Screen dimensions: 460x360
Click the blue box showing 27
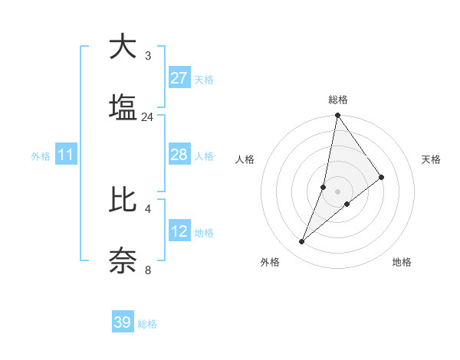(179, 78)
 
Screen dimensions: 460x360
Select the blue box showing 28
(179, 155)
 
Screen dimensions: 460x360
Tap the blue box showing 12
(179, 231)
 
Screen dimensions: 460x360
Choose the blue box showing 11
(66, 155)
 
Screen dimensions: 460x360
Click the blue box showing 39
(123, 322)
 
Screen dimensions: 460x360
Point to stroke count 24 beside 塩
(147, 117)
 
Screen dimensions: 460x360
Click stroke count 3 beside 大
(148, 56)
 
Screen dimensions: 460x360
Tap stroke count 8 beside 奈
(148, 270)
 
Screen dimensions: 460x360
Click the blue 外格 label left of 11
(41, 156)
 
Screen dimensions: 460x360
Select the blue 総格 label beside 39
(147, 324)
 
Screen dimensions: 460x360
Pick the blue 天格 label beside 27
(204, 80)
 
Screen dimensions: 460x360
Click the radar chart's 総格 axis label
(337, 100)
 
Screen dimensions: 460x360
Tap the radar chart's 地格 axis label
(402, 263)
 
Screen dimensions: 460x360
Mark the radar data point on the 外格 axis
(302, 242)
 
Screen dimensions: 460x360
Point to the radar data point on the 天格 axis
(382, 177)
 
